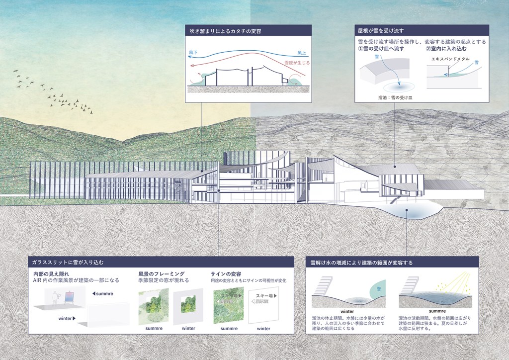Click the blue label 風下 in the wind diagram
[x=193, y=52]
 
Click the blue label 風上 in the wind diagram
[x=302, y=52]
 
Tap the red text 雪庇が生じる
[x=296, y=63]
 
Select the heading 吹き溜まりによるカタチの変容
[x=226, y=30]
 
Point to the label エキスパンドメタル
[x=447, y=59]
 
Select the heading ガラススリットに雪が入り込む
[x=67, y=262]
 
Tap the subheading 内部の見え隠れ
[x=54, y=274]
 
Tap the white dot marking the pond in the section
[x=407, y=210]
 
